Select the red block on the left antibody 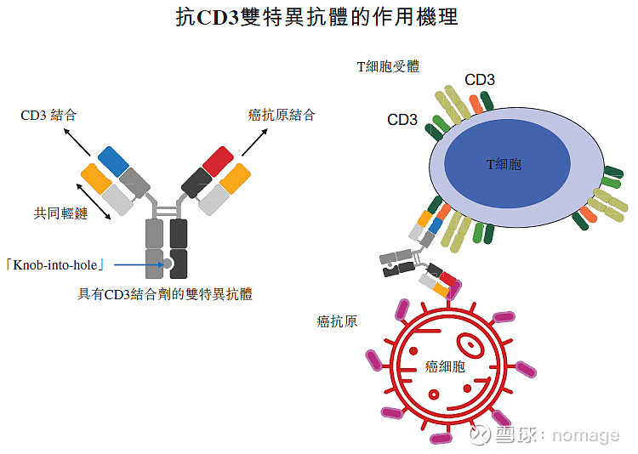(x=217, y=160)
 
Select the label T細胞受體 (x=387, y=65)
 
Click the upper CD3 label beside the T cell (x=480, y=80)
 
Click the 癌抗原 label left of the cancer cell (x=336, y=321)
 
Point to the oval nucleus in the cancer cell (x=470, y=344)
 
